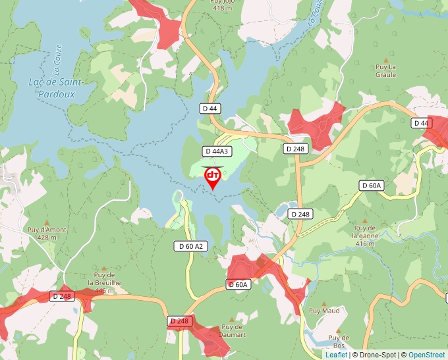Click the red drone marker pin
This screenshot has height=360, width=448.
[x=213, y=176]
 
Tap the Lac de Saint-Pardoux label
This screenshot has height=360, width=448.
[x=55, y=88]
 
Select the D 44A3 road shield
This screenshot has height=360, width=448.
[x=217, y=151]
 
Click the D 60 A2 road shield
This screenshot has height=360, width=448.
[x=191, y=246]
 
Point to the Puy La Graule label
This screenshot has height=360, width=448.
[x=385, y=70]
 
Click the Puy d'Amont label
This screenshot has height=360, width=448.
[x=47, y=233]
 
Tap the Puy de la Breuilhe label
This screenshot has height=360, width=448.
[x=105, y=282]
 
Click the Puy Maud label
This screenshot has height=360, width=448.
[x=324, y=310]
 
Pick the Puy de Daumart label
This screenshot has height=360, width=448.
[x=233, y=330]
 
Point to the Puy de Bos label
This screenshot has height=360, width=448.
[x=339, y=342]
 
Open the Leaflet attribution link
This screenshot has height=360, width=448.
[x=336, y=355]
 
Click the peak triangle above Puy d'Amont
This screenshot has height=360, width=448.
[x=47, y=222]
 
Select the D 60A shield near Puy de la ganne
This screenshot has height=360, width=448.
[x=372, y=186]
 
